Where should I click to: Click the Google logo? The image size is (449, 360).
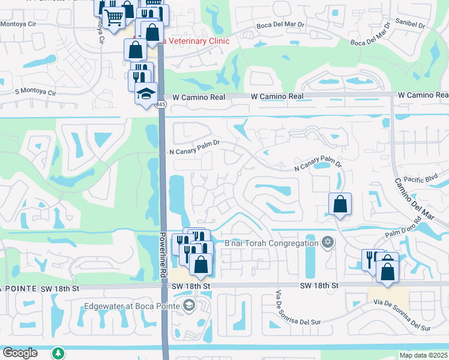click(x=19, y=353)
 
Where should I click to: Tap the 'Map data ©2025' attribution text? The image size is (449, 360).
click(x=424, y=355)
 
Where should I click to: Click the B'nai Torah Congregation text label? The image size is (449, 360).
click(x=271, y=243)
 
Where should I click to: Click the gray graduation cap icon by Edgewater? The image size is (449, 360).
click(x=190, y=306)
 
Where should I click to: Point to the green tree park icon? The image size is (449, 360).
click(x=58, y=353)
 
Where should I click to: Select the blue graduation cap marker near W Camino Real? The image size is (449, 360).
click(x=145, y=93)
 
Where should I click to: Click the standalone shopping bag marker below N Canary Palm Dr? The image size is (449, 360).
click(x=340, y=203)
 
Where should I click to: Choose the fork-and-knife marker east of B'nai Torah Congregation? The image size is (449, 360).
click(x=372, y=259)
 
